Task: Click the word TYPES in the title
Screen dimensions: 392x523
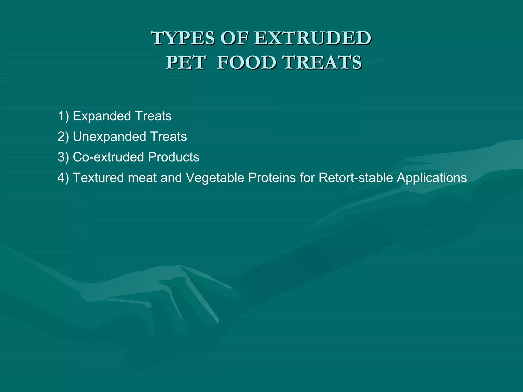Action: pyautogui.click(x=183, y=38)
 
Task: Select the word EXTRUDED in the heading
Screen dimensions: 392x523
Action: pyautogui.click(x=313, y=38)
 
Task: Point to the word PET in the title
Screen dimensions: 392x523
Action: pyautogui.click(x=186, y=63)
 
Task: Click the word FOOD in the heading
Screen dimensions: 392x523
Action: pyautogui.click(x=247, y=63)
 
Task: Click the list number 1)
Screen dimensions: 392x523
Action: pyautogui.click(x=63, y=116)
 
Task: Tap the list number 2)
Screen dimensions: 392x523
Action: pyautogui.click(x=63, y=137)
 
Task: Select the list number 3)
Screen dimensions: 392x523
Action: pyautogui.click(x=63, y=157)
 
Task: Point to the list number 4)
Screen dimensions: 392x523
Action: pyautogui.click(x=63, y=178)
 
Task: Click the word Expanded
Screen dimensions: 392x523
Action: pyautogui.click(x=102, y=116)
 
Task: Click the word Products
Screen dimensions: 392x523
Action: pyautogui.click(x=173, y=157)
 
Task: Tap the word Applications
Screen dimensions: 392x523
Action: pyautogui.click(x=432, y=178)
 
